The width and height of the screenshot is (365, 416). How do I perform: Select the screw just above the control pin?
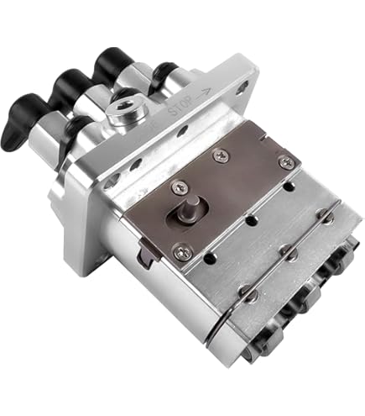tap(177, 187)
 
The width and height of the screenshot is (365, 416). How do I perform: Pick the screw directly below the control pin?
tap(180, 250)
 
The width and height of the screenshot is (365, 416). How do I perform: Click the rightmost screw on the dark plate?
tap(286, 161)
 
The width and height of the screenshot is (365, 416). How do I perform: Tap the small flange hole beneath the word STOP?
tap(182, 131)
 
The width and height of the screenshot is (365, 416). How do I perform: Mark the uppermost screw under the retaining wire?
tap(328, 216)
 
